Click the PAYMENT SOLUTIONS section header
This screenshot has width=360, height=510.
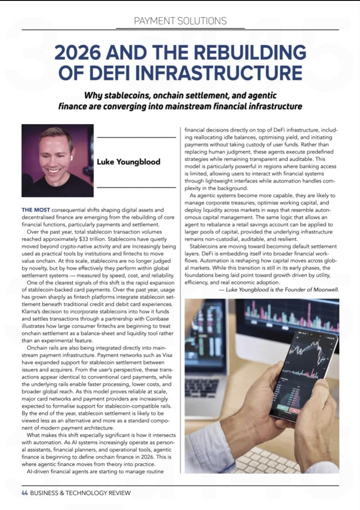[180, 21]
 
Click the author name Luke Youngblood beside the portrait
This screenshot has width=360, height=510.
[128, 162]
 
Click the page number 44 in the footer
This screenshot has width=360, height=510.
[25, 492]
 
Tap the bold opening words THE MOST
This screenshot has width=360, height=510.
[36, 210]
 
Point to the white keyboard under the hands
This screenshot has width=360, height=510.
[274, 459]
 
